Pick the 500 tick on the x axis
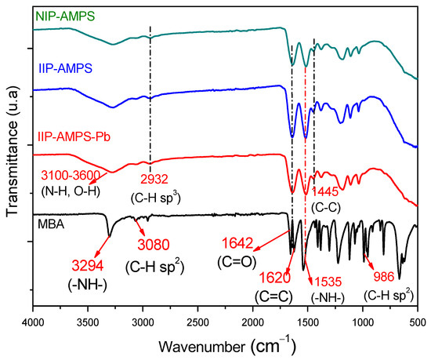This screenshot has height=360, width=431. pos(417,320)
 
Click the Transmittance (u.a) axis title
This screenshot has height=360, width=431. pos(11,157)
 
